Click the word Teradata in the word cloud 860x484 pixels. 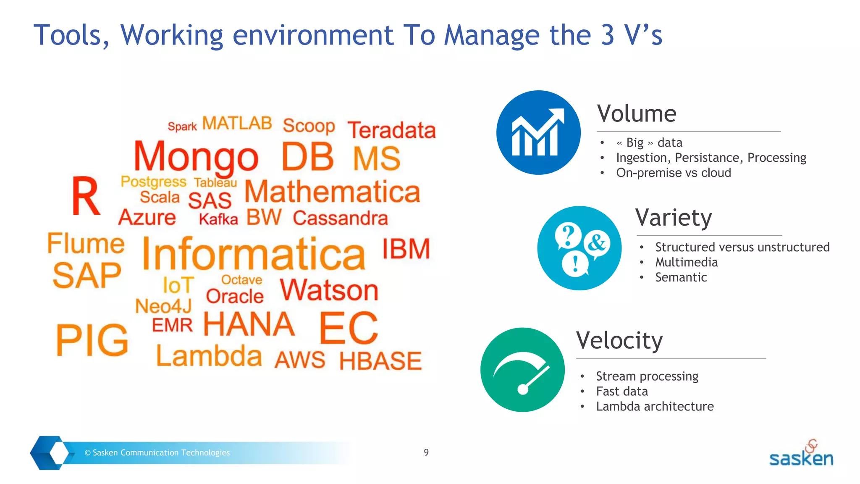[x=391, y=130]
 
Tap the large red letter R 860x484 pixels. [x=86, y=196]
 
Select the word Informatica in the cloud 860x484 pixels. [x=254, y=255]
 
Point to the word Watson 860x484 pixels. [x=329, y=290]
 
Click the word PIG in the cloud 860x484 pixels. [x=92, y=340]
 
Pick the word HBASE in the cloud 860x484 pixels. [x=380, y=361]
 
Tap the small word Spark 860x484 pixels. [x=182, y=126]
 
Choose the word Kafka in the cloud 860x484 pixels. [x=218, y=219]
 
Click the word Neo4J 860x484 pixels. [x=163, y=306]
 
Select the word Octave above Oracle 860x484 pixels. [x=241, y=280]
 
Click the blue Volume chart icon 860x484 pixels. [x=538, y=133]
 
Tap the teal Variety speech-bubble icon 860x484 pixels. [x=579, y=248]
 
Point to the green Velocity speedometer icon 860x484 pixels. [x=522, y=370]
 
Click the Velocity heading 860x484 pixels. [x=619, y=340]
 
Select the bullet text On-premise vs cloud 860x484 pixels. [x=673, y=173]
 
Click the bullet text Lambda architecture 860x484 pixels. [x=655, y=406]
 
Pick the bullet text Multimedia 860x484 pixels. [x=686, y=262]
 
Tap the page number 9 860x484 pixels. [x=426, y=452]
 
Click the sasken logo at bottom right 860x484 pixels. [x=801, y=455]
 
